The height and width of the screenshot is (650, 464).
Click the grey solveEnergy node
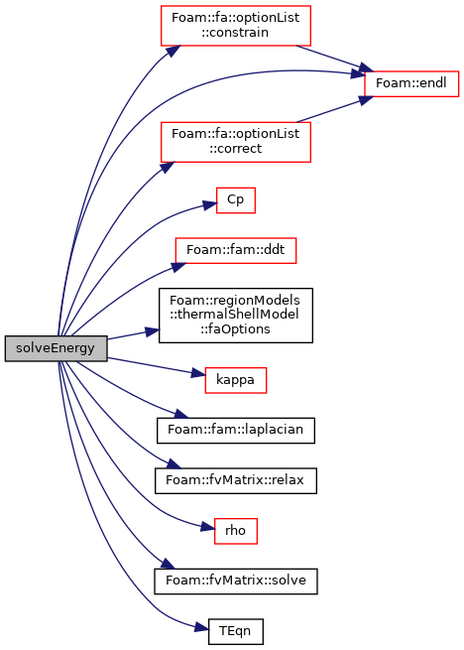[56, 348]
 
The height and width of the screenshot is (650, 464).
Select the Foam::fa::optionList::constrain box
[235, 25]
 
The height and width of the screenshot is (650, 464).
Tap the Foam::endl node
[411, 83]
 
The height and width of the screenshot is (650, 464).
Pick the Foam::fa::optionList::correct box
[235, 142]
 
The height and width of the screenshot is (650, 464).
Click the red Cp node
[235, 200]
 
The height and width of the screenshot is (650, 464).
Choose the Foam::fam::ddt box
[235, 250]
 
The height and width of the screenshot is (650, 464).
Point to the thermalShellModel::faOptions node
[235, 315]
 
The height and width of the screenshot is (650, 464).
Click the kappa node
[235, 380]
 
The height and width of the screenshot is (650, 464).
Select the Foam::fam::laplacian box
[235, 431]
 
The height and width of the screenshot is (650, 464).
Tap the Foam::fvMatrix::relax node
[235, 480]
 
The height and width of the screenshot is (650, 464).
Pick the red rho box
[235, 531]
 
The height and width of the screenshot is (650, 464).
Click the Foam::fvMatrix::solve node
[235, 582]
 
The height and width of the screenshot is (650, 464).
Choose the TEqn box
[235, 631]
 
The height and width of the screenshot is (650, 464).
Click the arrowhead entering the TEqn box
[201, 628]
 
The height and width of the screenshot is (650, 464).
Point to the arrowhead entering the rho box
[207, 528]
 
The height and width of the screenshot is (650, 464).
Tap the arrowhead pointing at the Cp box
[210, 204]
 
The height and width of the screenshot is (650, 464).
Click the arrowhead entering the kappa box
[198, 374]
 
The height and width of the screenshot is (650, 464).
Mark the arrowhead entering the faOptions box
[152, 331]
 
